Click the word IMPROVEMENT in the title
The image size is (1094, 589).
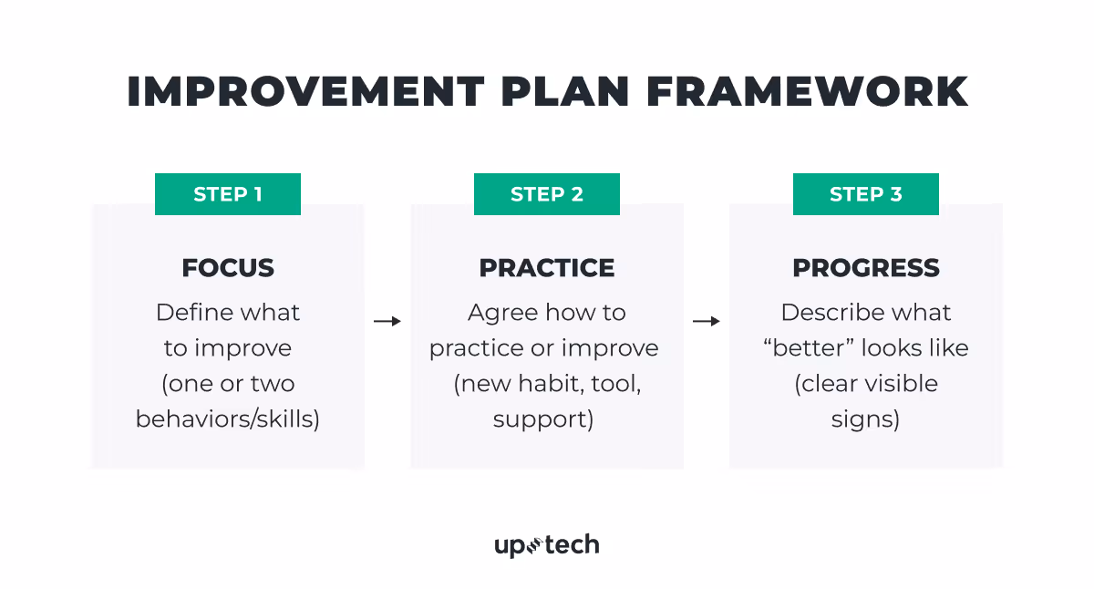coord(305,92)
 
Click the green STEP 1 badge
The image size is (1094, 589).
coord(227,194)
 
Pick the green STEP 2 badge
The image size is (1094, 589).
coord(546,194)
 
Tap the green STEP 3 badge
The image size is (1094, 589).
coord(865,194)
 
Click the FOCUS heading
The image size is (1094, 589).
coord(228,268)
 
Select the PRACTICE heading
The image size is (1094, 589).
coord(547,268)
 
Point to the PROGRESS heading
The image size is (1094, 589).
coord(865,268)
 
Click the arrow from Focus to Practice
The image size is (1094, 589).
coord(387,321)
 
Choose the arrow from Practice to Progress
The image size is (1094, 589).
coord(707,321)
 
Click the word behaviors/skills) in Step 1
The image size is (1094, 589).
coord(228,419)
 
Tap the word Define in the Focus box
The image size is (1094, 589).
coord(189,313)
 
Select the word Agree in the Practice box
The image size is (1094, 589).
coord(499,313)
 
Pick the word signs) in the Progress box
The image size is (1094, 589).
coord(865,419)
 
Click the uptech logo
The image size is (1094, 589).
coord(546,545)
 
